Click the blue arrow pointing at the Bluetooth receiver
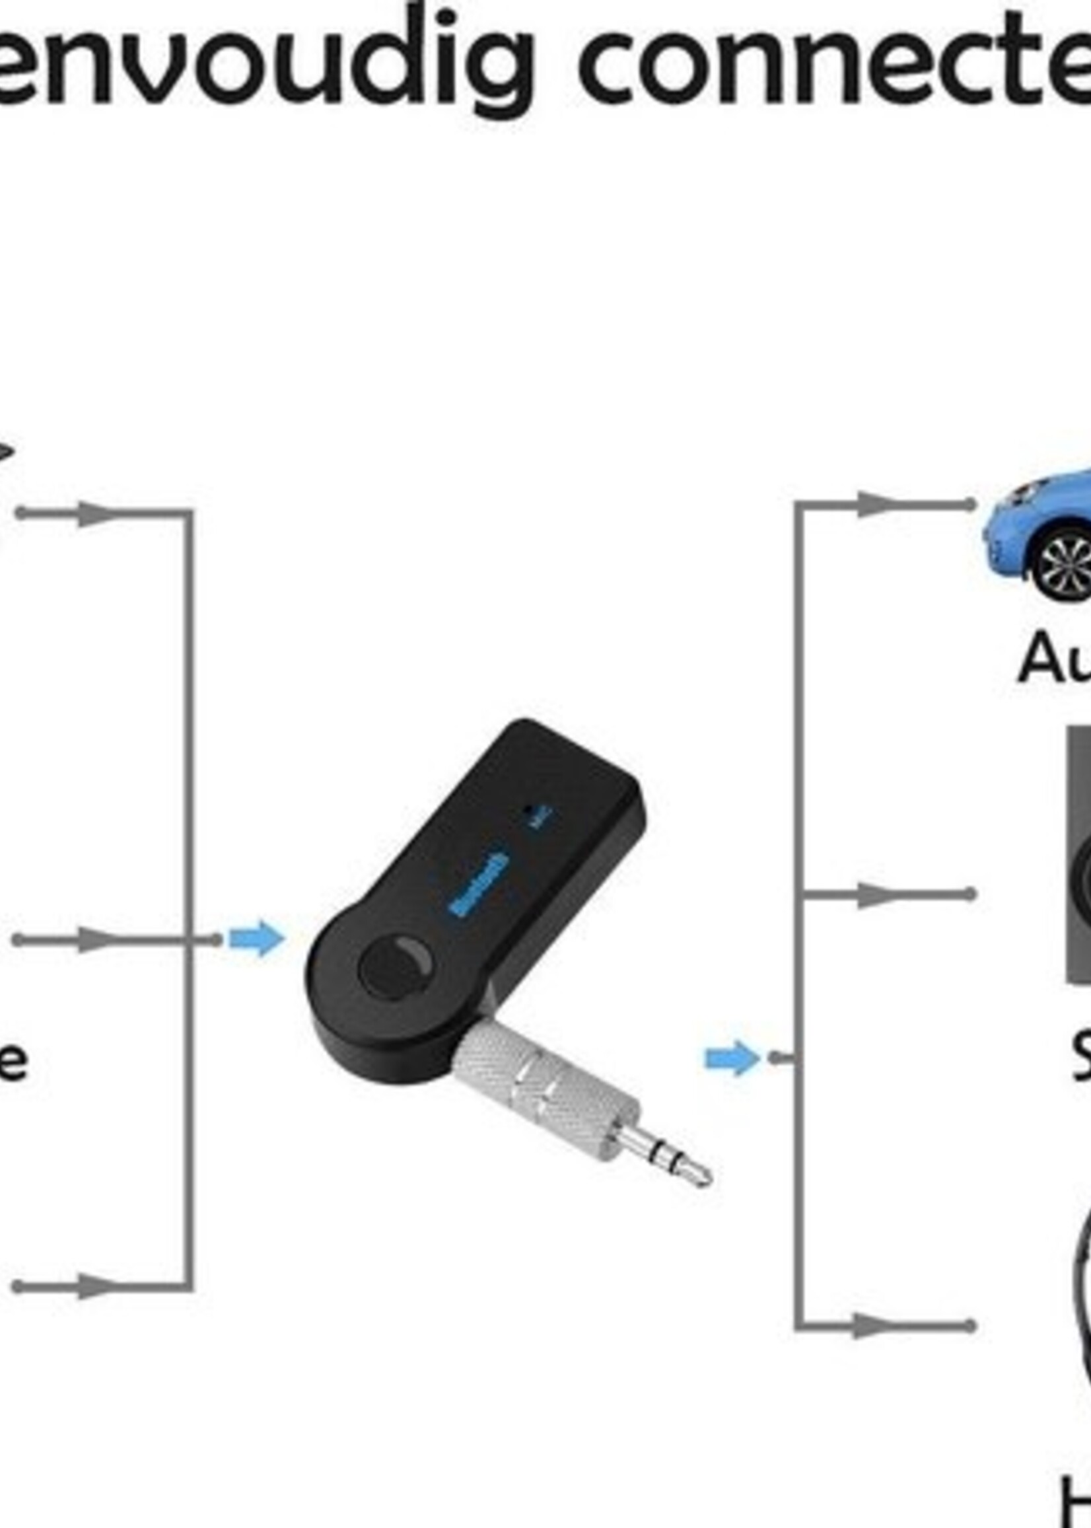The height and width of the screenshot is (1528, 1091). (x=256, y=939)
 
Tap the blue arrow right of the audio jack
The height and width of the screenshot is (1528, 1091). (x=732, y=1059)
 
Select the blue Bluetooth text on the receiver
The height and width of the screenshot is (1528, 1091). (x=479, y=883)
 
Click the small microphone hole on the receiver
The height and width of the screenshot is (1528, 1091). (x=534, y=810)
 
